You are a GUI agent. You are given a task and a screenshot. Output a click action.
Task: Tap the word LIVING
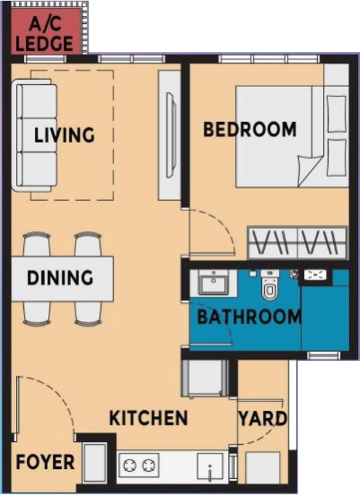[x=64, y=135]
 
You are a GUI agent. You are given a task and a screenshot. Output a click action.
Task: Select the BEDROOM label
[x=250, y=129]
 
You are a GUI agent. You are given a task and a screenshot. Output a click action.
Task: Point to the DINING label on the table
[x=60, y=278]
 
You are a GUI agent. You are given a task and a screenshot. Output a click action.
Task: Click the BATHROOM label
[x=249, y=317]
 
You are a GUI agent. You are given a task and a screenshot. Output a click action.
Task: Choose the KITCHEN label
[x=148, y=418]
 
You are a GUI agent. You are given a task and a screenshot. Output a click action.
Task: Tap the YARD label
[x=263, y=419]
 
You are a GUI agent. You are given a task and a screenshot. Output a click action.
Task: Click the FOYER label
[x=45, y=462]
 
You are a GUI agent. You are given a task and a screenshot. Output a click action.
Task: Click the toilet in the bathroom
[x=270, y=284]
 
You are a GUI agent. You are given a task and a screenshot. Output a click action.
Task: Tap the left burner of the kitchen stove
[x=130, y=465]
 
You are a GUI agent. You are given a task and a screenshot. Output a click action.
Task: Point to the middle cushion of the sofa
[x=37, y=135]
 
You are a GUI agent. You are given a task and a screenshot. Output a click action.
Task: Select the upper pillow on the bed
[x=336, y=114]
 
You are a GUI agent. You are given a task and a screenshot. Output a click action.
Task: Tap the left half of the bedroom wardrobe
[x=273, y=242]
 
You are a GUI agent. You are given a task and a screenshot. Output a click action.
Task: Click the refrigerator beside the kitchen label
[x=205, y=378]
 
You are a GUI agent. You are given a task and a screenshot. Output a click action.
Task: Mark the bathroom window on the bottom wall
[x=324, y=356]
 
